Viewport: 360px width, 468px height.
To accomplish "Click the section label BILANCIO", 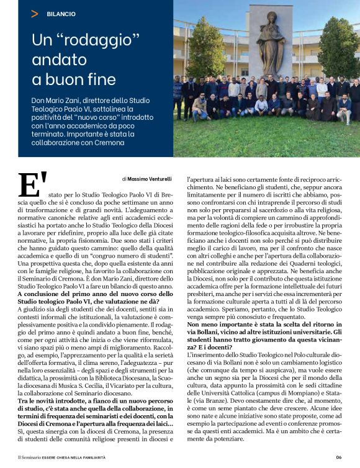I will pos(60,13).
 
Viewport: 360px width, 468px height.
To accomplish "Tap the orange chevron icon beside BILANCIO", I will pos(35,13).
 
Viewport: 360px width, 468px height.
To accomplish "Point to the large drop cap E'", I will pos(33,185).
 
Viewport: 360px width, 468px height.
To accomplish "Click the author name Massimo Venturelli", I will pos(148,178).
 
